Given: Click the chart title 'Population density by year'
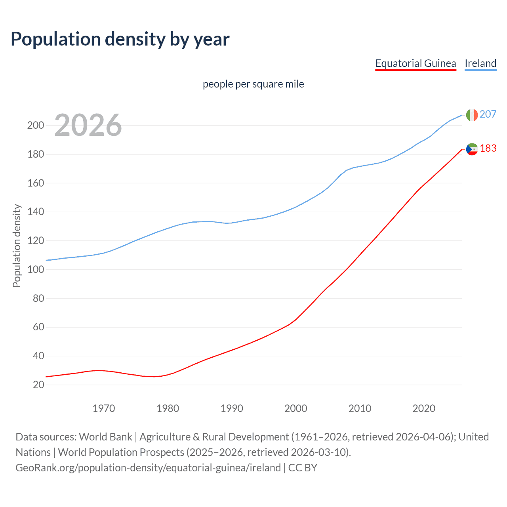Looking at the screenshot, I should click(120, 39).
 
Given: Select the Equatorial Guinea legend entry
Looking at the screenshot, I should click(416, 63).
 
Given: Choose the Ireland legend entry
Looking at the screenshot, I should click(480, 63).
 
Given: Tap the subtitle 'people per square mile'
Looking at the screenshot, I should click(253, 84).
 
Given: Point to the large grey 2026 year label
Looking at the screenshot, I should click(88, 125).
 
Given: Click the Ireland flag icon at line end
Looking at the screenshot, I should click(472, 115).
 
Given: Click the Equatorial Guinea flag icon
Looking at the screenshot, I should click(472, 149).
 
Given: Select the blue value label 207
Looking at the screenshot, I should click(488, 114).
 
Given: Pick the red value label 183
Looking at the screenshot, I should click(488, 148).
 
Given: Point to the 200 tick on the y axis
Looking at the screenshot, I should click(35, 126).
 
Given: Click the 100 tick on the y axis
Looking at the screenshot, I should click(35, 270).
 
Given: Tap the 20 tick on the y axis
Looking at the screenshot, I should click(38, 385).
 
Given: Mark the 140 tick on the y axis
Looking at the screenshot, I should click(35, 212).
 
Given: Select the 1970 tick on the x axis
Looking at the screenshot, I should click(104, 408).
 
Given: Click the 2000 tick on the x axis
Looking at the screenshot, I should click(295, 408).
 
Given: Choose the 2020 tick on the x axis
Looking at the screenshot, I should click(424, 408).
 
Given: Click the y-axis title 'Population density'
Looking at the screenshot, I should click(17, 246).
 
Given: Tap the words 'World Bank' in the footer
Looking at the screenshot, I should click(105, 437).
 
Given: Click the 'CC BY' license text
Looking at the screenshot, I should click(303, 468).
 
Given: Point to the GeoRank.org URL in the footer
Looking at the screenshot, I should click(148, 468).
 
